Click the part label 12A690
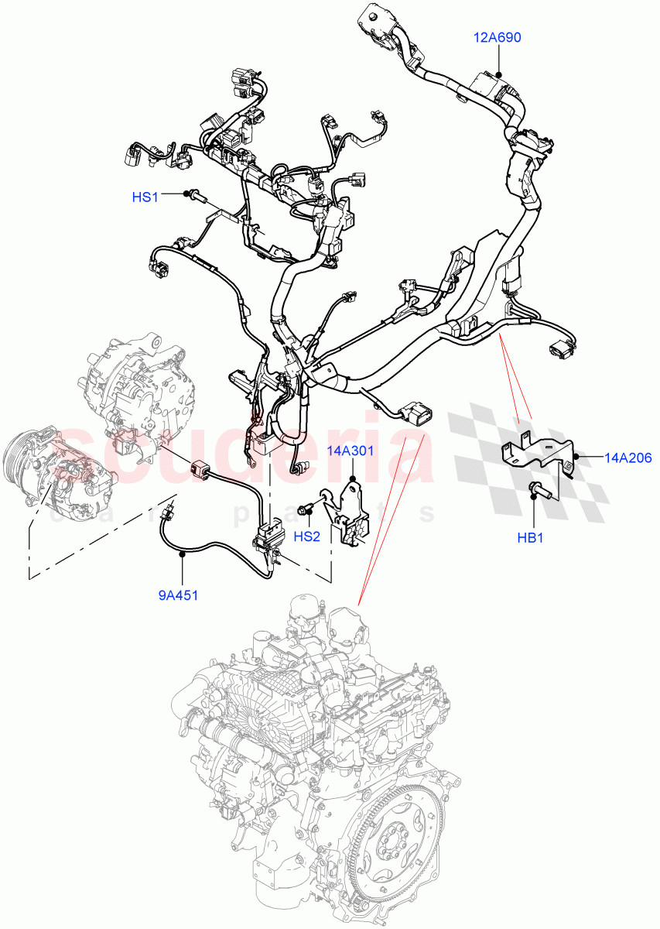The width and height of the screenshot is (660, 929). (x=498, y=36)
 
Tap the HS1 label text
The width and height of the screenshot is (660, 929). (x=145, y=197)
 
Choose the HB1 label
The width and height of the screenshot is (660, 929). (x=535, y=536)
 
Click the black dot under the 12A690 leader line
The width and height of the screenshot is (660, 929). (x=498, y=74)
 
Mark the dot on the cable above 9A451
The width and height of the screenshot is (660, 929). (x=182, y=554)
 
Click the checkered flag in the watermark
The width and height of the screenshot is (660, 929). (x=526, y=457)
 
